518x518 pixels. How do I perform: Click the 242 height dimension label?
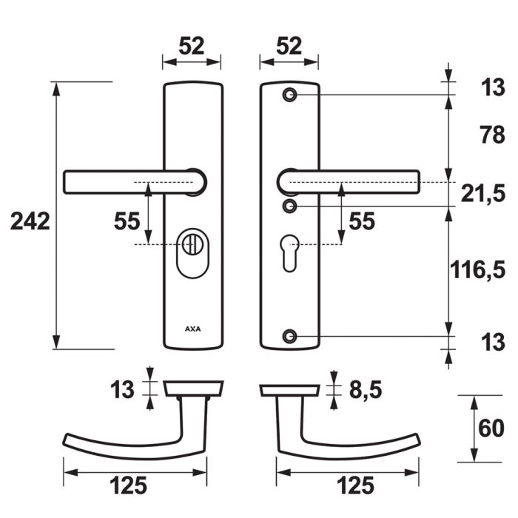click(x=30, y=221)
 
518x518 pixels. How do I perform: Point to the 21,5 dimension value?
click(x=482, y=195)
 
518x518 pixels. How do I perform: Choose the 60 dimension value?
click(x=490, y=429)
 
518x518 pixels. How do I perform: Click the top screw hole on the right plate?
click(x=289, y=95)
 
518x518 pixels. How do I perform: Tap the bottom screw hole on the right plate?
click(x=289, y=337)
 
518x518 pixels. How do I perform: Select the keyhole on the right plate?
click(x=290, y=247)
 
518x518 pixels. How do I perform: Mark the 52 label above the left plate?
click(x=192, y=47)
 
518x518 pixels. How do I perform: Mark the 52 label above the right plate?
click(x=289, y=47)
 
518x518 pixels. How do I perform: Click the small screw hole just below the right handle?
click(x=290, y=205)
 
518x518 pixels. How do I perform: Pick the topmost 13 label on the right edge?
click(x=488, y=90)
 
